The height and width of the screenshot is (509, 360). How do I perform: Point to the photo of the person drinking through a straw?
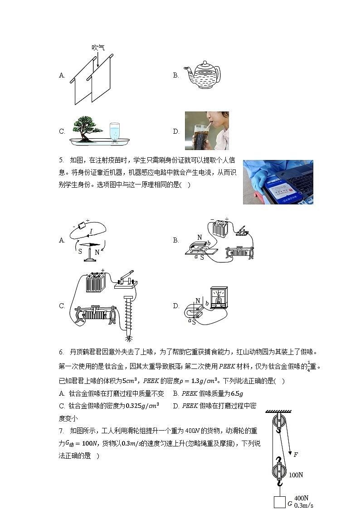207,131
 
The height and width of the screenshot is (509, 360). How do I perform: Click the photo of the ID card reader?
278,182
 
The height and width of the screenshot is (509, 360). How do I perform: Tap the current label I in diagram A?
91,231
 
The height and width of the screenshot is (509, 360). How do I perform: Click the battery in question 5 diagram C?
96,283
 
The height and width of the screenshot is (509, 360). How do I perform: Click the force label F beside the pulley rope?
296,454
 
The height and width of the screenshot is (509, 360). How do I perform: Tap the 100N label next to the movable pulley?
296,475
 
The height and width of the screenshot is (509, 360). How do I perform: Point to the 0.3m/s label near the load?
304,505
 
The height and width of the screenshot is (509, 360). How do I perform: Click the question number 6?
61,352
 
